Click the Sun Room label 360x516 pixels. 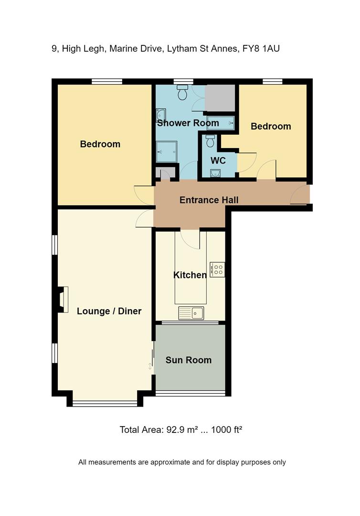pyautogui.click(x=188, y=360)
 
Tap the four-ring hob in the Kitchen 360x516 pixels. pyautogui.click(x=217, y=269)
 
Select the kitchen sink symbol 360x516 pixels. pyautogui.click(x=191, y=313)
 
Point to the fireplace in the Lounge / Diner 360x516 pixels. pyautogui.click(x=63, y=299)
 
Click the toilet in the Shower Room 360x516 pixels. pyautogui.click(x=182, y=93)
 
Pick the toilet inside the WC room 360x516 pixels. pyautogui.click(x=210, y=141)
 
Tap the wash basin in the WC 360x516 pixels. pyautogui.click(x=216, y=173)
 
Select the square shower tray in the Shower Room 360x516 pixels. pyautogui.click(x=167, y=151)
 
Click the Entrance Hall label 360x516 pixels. pyautogui.click(x=209, y=200)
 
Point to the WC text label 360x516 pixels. pyautogui.click(x=218, y=161)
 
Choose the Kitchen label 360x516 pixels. pyautogui.click(x=190, y=275)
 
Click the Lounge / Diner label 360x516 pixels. pyautogui.click(x=109, y=312)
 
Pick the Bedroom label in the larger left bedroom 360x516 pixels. pyautogui.click(x=100, y=144)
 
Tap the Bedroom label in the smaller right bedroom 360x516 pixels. pyautogui.click(x=271, y=127)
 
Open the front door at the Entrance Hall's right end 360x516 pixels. pyautogui.click(x=300, y=195)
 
